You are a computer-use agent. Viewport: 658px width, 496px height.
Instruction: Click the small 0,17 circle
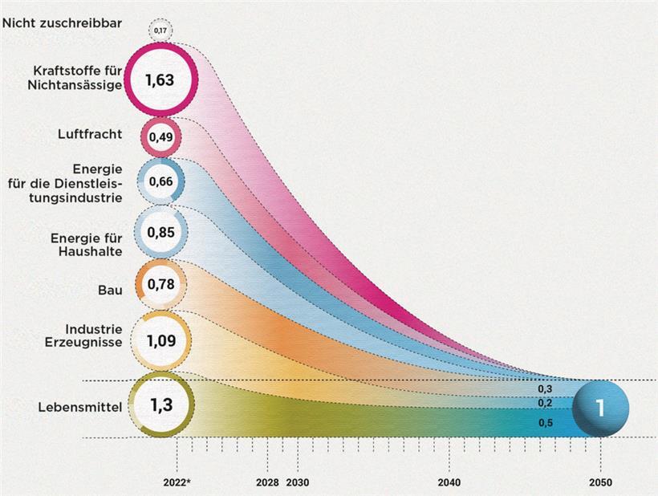pos(160,31)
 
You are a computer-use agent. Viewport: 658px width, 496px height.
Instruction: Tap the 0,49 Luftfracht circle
pos(160,136)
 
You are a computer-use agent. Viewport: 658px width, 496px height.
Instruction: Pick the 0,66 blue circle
pos(160,181)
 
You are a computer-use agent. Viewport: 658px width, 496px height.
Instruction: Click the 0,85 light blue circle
pos(160,233)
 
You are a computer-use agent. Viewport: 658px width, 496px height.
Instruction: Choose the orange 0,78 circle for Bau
pos(160,284)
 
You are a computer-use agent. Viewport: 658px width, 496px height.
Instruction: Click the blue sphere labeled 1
pos(601,409)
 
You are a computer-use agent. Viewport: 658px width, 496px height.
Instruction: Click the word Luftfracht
pos(90,134)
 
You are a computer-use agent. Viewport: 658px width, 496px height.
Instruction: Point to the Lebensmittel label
pos(79,408)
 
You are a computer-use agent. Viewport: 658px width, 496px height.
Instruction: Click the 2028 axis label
pos(267,483)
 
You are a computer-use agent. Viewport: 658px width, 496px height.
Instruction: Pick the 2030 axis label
pos(298,483)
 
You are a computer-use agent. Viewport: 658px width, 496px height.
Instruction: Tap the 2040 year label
pos(449,483)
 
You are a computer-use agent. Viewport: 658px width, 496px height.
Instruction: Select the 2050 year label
pos(599,483)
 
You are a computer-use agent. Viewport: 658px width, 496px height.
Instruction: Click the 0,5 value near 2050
pos(545,423)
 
